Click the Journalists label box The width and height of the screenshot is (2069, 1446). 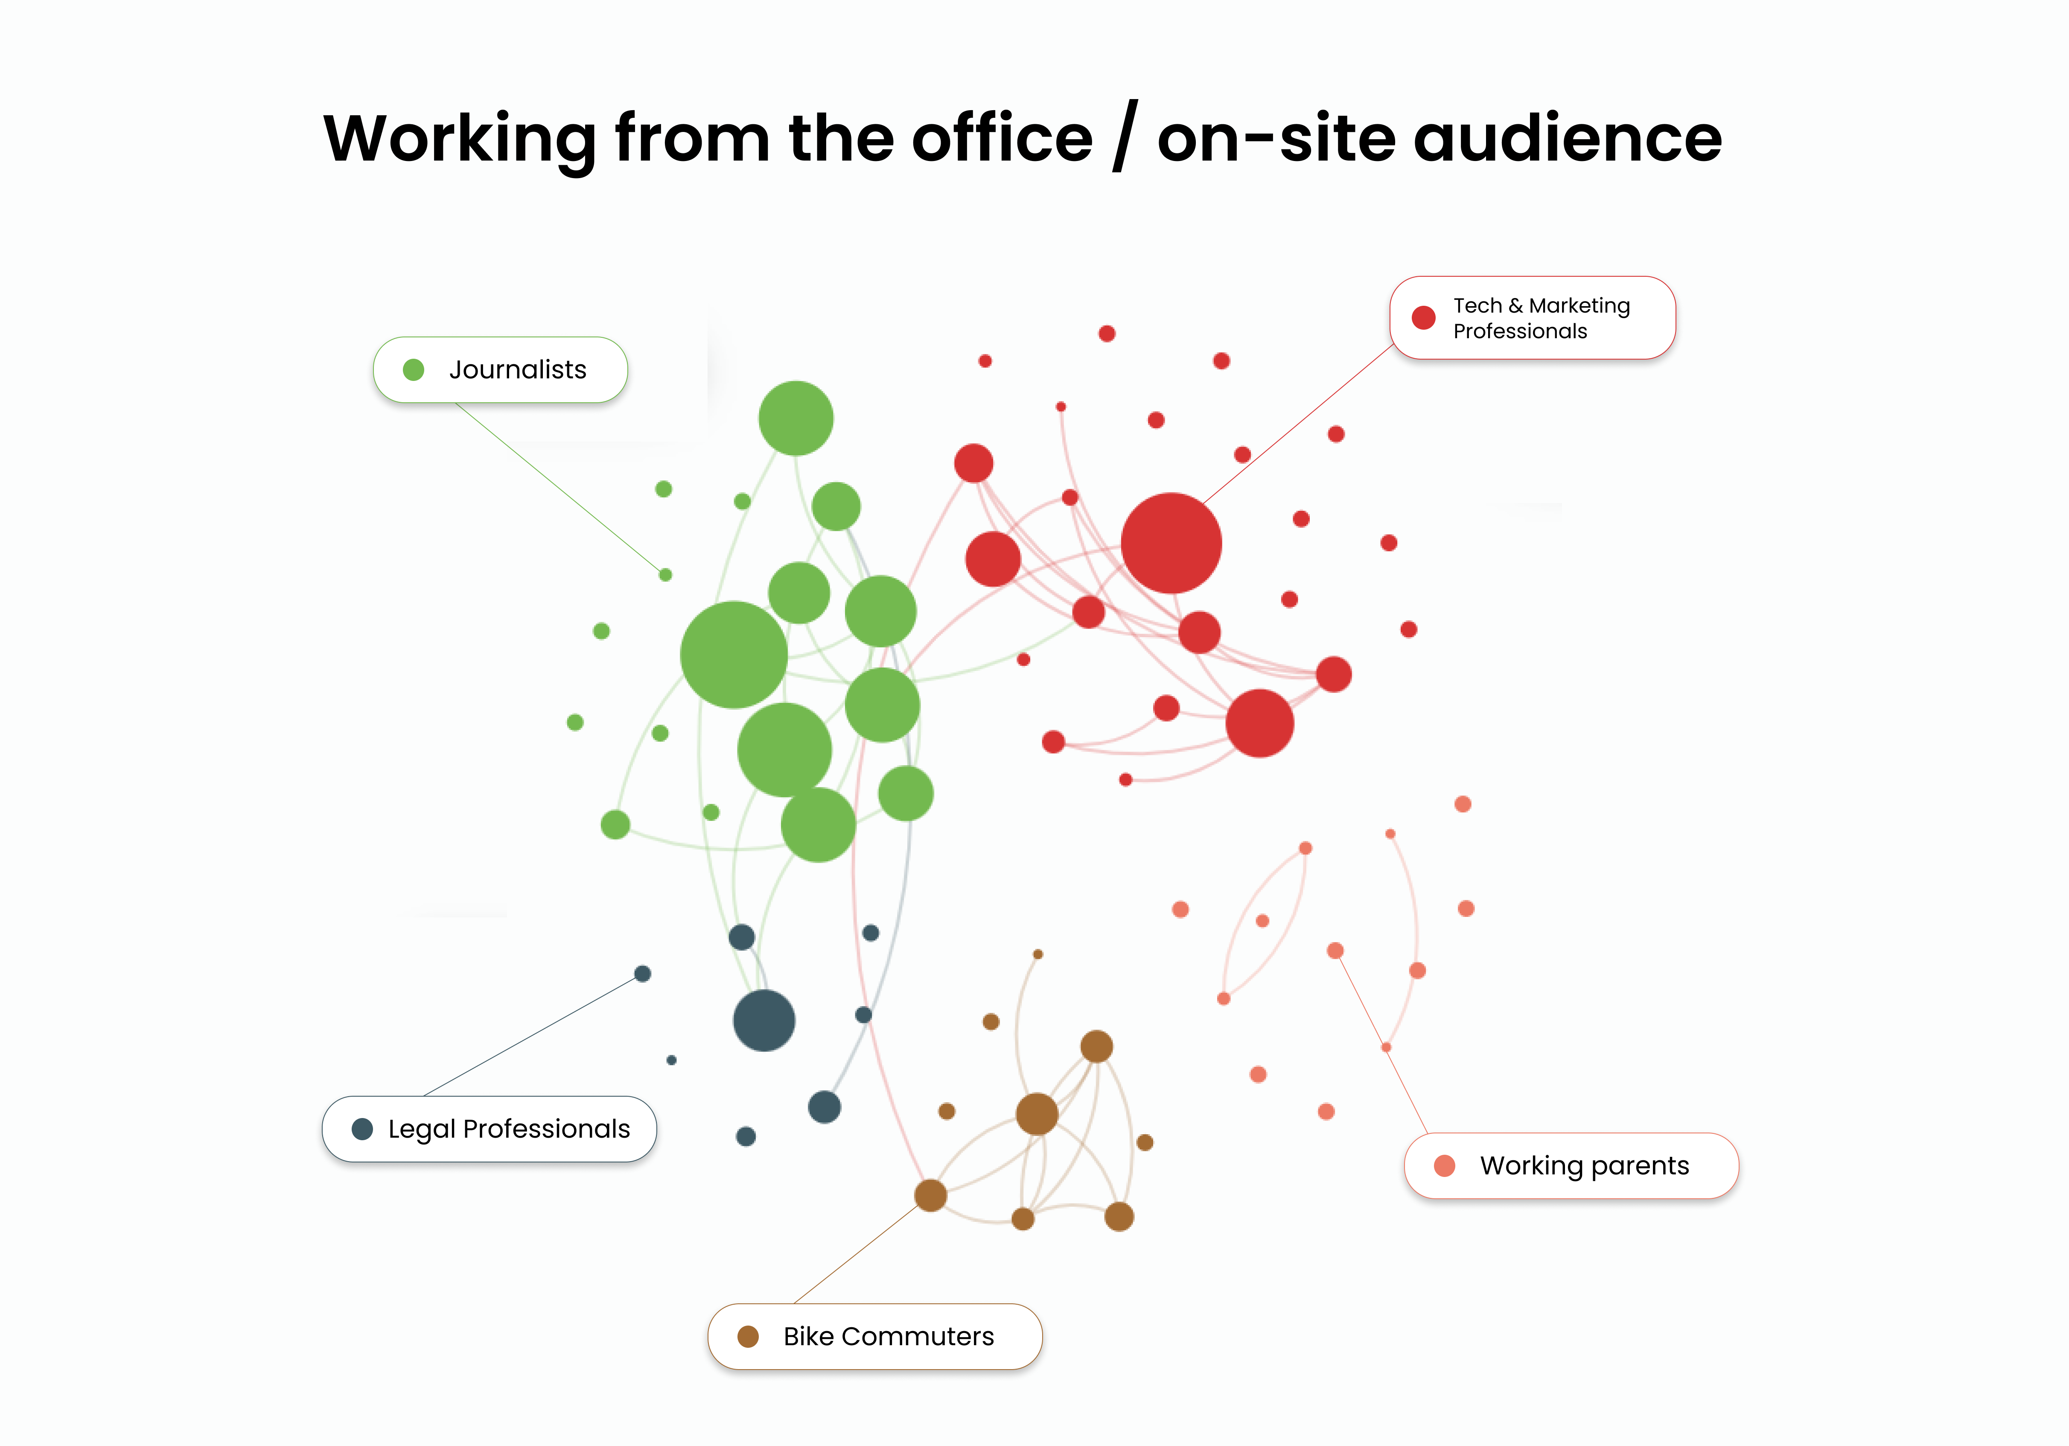(500, 369)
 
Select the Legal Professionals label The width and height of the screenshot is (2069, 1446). (490, 1129)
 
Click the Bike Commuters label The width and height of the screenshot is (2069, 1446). (875, 1336)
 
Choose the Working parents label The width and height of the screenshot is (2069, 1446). (1571, 1165)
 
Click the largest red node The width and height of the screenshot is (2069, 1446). (1171, 543)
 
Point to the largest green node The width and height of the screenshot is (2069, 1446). (734, 655)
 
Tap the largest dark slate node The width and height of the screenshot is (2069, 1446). (764, 1021)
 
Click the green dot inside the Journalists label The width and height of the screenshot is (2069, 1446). (414, 369)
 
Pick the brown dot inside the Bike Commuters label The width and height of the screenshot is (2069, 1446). (748, 1336)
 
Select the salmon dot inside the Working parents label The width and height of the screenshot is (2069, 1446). (1445, 1165)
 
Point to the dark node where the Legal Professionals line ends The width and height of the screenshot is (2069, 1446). (642, 974)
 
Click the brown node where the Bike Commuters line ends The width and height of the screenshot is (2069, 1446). (930, 1195)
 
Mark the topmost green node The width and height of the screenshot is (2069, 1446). (796, 418)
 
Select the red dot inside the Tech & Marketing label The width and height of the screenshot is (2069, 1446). (1424, 317)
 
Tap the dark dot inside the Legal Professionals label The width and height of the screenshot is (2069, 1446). (362, 1129)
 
